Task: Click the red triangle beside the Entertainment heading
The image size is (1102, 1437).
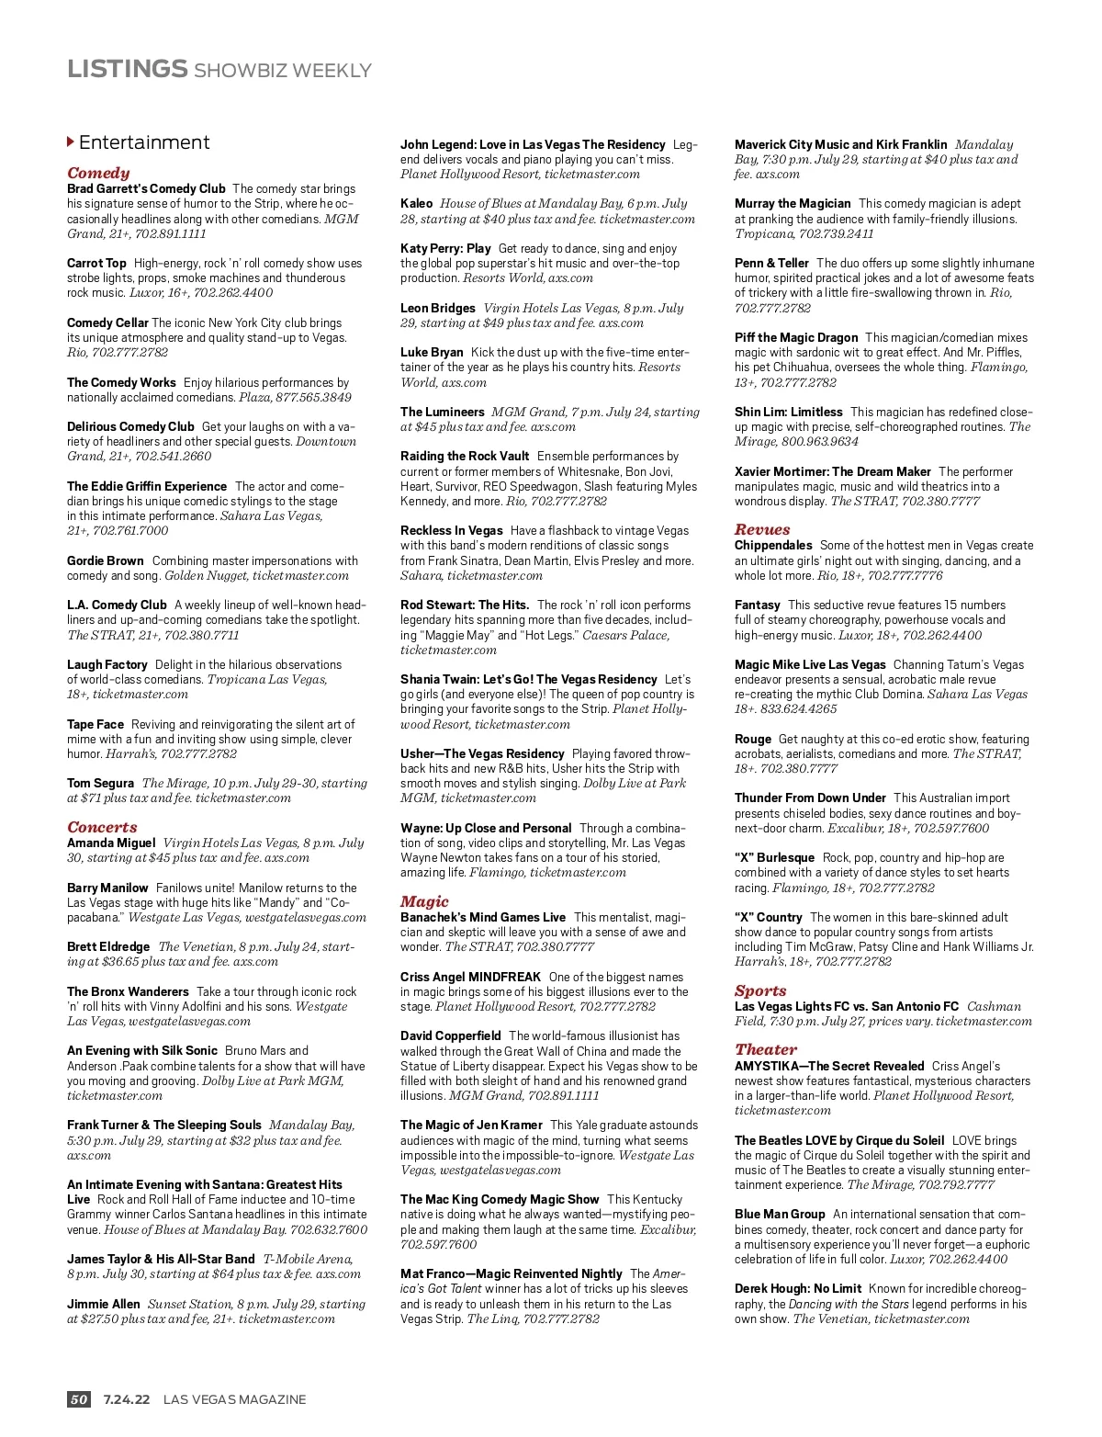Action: pyautogui.click(x=71, y=141)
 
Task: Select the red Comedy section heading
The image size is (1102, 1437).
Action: pyautogui.click(x=98, y=173)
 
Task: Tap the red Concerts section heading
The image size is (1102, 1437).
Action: pyautogui.click(x=102, y=827)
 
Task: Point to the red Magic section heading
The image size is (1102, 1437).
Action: pyautogui.click(x=424, y=901)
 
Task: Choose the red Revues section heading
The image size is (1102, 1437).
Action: pyautogui.click(x=762, y=529)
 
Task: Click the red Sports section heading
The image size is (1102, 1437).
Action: pyautogui.click(x=760, y=990)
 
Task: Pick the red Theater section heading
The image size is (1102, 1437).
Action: pyautogui.click(x=766, y=1049)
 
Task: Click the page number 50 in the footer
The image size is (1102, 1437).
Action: pyautogui.click(x=79, y=1399)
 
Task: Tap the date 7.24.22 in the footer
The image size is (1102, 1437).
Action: pyautogui.click(x=126, y=1399)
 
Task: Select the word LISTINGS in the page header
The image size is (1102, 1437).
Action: pyautogui.click(x=127, y=69)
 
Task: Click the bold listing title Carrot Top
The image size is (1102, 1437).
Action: pyautogui.click(x=96, y=263)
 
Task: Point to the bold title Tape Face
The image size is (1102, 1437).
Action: pyautogui.click(x=95, y=724)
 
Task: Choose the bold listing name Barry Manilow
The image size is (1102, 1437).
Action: pyautogui.click(x=107, y=888)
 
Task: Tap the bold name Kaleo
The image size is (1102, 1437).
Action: pyautogui.click(x=416, y=203)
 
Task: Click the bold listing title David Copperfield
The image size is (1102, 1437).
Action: pyautogui.click(x=450, y=1035)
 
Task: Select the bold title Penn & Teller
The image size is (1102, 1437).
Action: pyautogui.click(x=771, y=263)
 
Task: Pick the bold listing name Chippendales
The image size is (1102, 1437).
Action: pyautogui.click(x=773, y=545)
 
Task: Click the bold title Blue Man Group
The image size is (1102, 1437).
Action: pyautogui.click(x=780, y=1214)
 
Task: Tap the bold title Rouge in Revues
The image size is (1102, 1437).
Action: pyautogui.click(x=752, y=739)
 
